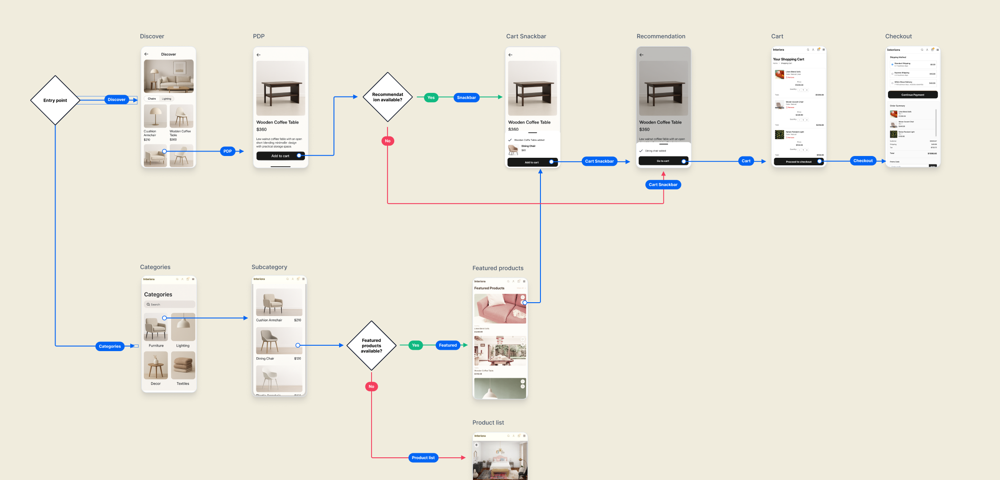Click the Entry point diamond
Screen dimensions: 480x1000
coord(55,100)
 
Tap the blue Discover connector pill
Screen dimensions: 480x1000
coord(116,100)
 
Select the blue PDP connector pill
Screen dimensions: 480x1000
coord(228,151)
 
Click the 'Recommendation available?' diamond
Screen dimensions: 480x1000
coord(388,97)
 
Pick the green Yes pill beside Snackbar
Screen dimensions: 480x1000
coord(431,98)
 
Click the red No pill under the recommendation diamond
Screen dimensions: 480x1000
coord(388,141)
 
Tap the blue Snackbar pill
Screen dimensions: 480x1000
coord(466,98)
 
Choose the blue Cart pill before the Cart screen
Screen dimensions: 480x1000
coord(746,161)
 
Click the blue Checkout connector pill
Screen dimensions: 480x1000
coord(863,161)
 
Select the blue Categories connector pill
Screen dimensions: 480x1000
coord(110,346)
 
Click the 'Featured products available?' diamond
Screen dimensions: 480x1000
coord(371,346)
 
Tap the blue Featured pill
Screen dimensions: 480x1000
coord(448,345)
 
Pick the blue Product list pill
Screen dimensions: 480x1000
coord(423,458)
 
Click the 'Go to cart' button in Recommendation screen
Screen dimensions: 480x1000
coord(663,161)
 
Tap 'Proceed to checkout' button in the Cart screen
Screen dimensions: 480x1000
coord(798,162)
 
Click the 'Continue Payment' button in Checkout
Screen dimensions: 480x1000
coord(912,95)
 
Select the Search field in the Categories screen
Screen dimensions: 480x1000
coord(169,304)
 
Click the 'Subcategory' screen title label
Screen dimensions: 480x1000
coord(269,267)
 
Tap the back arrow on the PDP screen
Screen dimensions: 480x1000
coord(259,55)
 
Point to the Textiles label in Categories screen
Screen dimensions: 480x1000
coord(183,384)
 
